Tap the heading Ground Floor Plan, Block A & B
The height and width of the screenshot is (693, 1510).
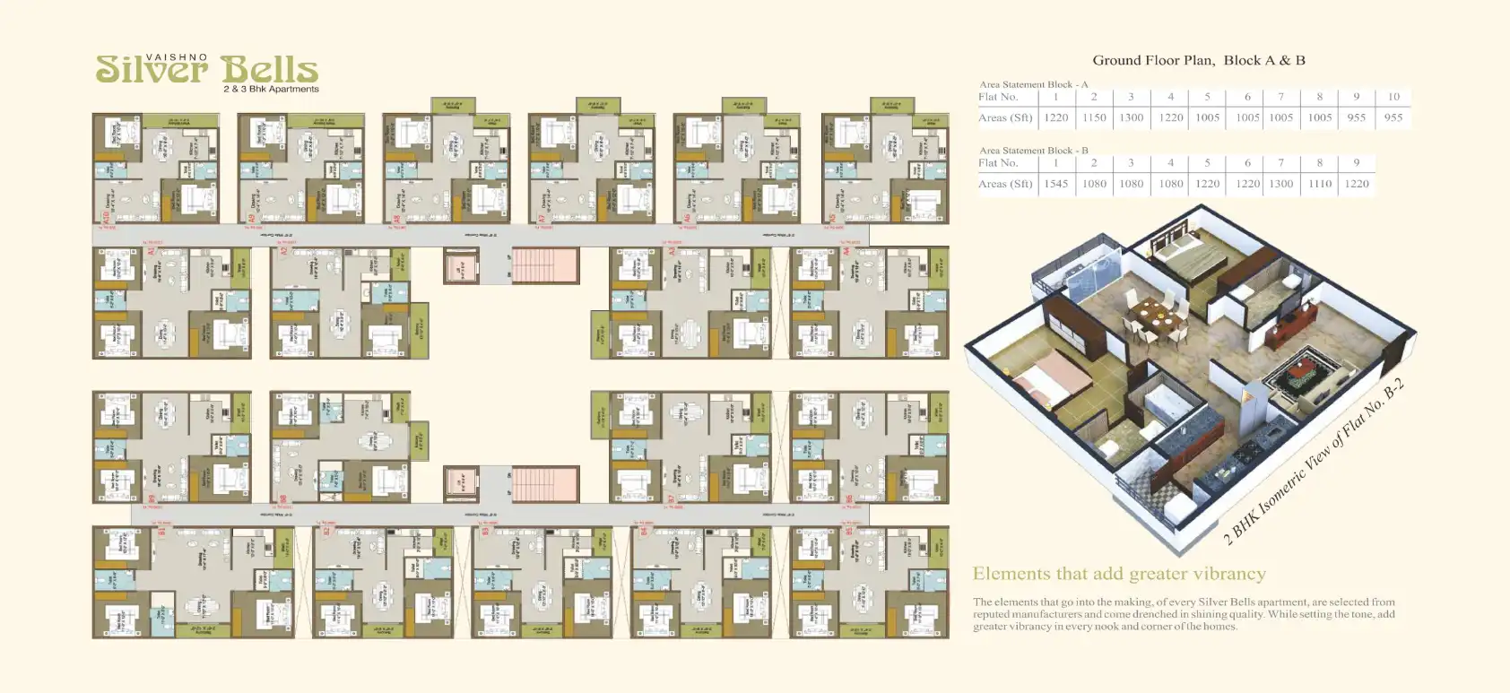pos(1198,60)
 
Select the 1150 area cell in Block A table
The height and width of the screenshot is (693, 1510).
pos(1094,117)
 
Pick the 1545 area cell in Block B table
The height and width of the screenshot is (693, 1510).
pos(1055,184)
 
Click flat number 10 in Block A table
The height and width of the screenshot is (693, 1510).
pos(1393,97)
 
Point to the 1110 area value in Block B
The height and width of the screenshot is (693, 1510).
pos(1319,184)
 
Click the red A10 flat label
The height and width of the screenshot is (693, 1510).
pos(106,216)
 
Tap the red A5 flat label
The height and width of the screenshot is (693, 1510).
pos(833,216)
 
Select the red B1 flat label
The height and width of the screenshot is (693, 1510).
pos(162,532)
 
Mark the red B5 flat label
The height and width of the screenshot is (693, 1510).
pos(849,532)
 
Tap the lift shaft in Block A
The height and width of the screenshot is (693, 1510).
pos(461,266)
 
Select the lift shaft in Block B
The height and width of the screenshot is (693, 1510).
pos(461,484)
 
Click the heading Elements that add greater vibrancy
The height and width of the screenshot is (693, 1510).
pos(1119,574)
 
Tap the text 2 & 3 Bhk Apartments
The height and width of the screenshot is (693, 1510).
pos(271,90)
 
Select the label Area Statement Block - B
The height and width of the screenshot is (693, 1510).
pos(1033,151)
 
